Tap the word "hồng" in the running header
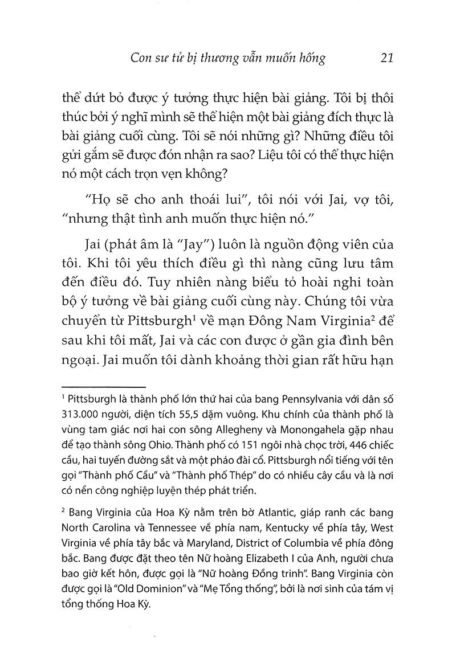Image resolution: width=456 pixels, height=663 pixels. pyautogui.click(x=311, y=58)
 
